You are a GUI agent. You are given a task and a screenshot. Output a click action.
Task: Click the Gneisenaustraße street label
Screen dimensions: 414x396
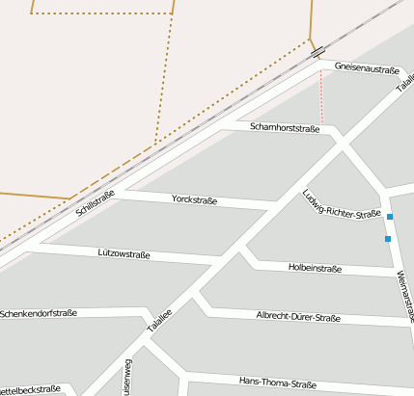(x=367, y=68)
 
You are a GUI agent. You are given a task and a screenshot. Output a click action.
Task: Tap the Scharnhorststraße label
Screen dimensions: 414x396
(x=285, y=127)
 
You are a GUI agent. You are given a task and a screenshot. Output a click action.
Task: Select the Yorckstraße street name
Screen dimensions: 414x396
(x=194, y=200)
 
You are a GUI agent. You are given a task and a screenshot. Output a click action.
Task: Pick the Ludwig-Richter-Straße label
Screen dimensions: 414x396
(x=342, y=204)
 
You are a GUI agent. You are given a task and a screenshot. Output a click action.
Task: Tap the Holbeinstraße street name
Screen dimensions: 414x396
(x=315, y=269)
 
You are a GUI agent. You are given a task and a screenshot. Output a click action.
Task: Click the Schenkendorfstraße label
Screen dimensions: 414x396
(x=39, y=313)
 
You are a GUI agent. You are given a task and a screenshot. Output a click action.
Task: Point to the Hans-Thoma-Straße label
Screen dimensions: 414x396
(x=277, y=383)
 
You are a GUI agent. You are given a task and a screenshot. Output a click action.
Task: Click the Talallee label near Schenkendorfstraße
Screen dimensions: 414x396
(x=159, y=321)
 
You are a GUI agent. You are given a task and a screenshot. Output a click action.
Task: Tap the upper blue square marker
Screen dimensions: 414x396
(x=390, y=216)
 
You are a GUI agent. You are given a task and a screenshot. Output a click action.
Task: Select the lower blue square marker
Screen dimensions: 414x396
(x=388, y=238)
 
